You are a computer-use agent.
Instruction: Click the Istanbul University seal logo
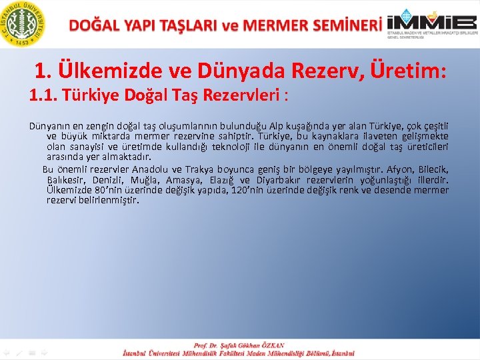coord(25,24)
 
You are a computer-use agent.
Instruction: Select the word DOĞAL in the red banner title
coord(93,25)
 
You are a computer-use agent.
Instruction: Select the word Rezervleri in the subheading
coord(246,97)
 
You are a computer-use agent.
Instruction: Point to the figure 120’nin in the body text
coord(250,190)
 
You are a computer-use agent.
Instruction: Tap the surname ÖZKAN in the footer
coord(270,345)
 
